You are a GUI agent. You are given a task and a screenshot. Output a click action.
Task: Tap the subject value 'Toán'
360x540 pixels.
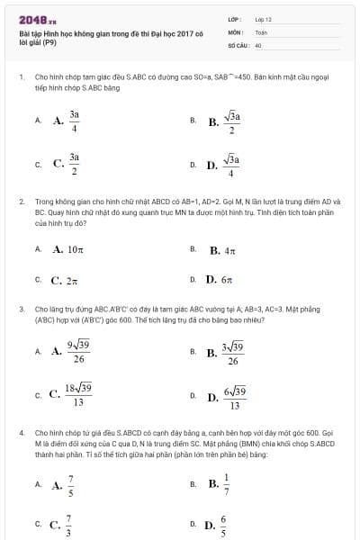point(261,31)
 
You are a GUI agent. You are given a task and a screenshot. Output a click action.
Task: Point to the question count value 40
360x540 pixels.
point(258,44)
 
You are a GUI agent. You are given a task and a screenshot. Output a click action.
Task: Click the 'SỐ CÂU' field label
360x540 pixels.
point(237,44)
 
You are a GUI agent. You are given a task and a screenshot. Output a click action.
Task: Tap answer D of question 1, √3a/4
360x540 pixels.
point(232,165)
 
